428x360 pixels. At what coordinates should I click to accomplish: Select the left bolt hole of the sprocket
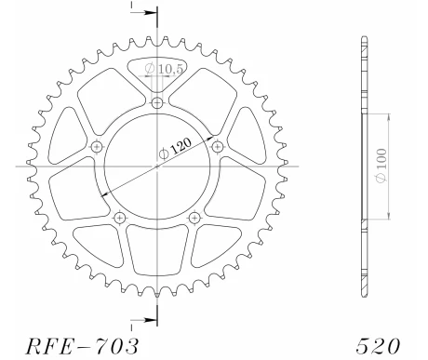point(97,146)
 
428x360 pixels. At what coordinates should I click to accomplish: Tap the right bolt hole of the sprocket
point(217,146)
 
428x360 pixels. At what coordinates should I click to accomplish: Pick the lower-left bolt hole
point(119,217)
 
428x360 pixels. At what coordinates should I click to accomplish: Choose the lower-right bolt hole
point(194,217)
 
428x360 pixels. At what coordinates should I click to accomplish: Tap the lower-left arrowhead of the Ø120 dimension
point(102,193)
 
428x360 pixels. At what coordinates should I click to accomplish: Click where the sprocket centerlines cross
point(156,167)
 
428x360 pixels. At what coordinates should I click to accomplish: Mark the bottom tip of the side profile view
point(361,296)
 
